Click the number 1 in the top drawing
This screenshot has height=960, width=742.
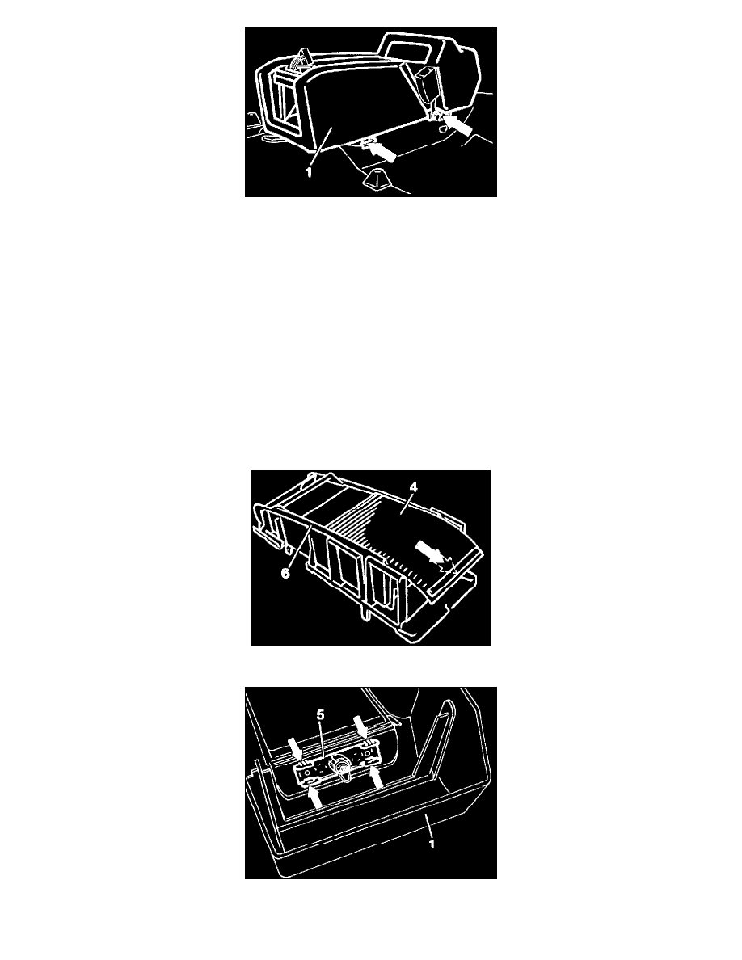click(x=309, y=173)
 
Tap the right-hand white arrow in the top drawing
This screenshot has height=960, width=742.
click(x=458, y=125)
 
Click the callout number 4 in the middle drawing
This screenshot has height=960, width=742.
click(x=414, y=487)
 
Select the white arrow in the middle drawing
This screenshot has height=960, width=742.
click(x=431, y=550)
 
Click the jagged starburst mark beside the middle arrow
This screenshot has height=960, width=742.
click(x=449, y=566)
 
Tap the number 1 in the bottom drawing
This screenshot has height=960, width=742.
click(x=432, y=844)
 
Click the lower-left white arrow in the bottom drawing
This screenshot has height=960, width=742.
click(x=314, y=796)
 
